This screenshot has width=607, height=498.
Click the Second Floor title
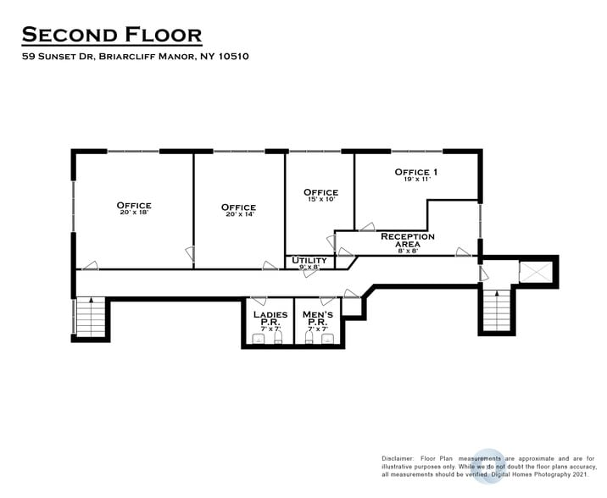pos(111,35)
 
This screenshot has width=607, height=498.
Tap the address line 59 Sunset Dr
pos(135,57)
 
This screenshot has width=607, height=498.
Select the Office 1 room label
pos(417,172)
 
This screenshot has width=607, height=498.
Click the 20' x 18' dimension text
pos(134,213)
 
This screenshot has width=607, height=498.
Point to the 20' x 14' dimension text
pos(238,215)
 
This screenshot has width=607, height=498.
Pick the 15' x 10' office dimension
pos(320,200)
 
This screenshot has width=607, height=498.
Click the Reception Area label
pos(407,240)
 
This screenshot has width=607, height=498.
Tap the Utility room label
pos(309,260)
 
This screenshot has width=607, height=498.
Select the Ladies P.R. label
pos(270,318)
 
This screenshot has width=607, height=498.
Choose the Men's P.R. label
pos(318,318)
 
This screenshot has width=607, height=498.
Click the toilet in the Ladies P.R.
pos(259,339)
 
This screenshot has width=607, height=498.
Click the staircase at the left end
pos(90,316)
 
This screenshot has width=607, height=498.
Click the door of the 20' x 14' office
pos(192,253)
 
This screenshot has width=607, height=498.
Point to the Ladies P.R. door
pos(259,301)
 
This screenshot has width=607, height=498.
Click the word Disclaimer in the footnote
pos(398,458)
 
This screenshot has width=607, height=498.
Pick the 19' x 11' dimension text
pos(417,180)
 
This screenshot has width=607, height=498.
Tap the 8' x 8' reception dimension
pos(407,251)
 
